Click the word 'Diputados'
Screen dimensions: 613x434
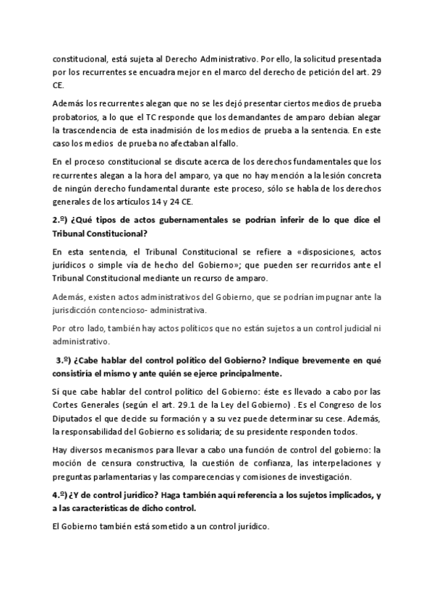pyautogui.click(x=73, y=418)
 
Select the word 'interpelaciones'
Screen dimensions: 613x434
pyautogui.click(x=355, y=463)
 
